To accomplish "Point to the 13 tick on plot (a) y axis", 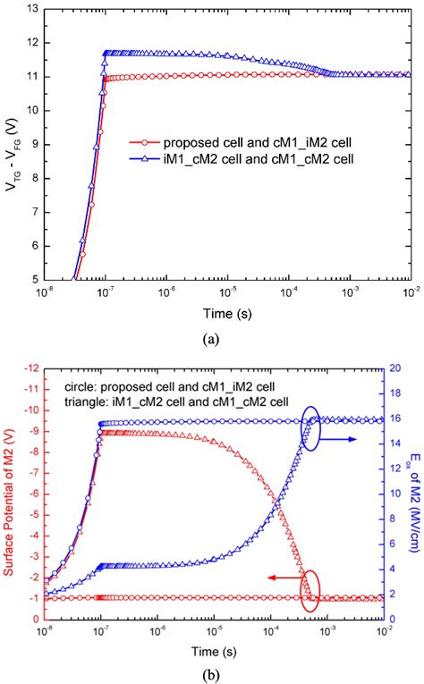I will (x=30, y=9).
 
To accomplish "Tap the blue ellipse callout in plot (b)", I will (x=311, y=428).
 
